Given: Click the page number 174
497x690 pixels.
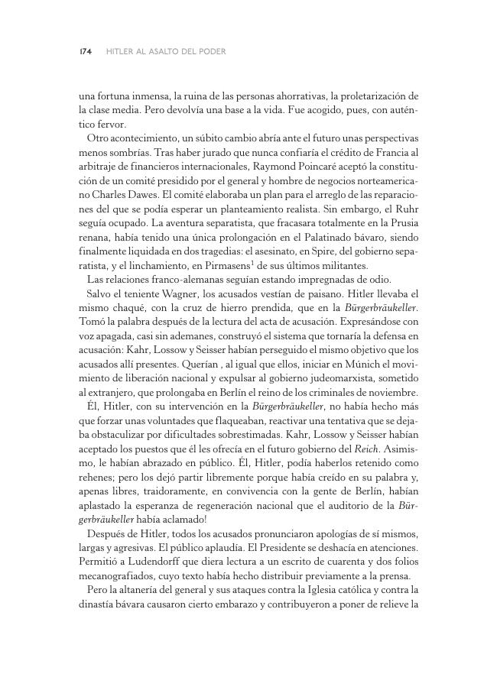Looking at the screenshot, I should click(x=85, y=52).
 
